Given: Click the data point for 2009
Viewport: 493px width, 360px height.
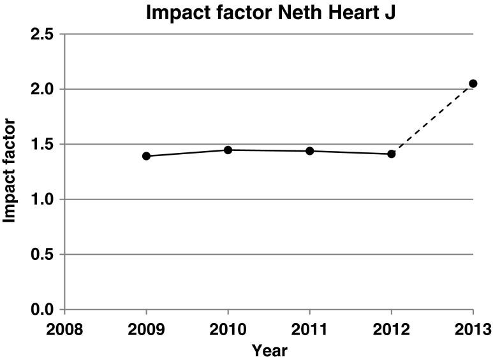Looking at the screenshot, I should coord(146,156).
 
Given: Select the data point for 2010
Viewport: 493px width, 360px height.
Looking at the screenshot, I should coord(228,150).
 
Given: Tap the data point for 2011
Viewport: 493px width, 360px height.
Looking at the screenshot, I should coord(309,151).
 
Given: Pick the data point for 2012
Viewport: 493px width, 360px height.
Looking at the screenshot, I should coord(392,154).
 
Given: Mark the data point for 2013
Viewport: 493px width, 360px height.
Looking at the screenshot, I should coord(473,83).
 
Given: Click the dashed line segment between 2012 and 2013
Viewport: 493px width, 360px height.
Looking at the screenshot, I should coord(432,119).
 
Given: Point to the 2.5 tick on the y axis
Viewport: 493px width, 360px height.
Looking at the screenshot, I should coord(43,34).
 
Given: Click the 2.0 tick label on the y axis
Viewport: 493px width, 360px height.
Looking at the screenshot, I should coord(43,89).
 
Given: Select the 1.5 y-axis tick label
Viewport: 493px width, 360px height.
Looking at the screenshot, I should coord(43,144).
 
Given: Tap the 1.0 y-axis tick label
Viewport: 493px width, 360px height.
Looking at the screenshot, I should coord(43,199).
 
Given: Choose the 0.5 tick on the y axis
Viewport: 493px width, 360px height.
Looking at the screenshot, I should coord(43,254).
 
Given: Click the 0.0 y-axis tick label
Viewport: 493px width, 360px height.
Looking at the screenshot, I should coord(43,310).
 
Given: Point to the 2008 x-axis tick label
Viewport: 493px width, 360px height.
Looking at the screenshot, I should coord(64,329).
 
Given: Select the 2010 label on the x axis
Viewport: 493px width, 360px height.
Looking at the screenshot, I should coord(228,329).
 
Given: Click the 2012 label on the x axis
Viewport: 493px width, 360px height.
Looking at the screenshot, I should coord(392,329).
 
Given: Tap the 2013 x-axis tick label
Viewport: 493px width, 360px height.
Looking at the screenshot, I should coord(473,329).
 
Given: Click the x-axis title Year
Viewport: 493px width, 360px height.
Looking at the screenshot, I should coord(269,350).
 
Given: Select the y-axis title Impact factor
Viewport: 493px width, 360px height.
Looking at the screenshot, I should coord(10,171).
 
